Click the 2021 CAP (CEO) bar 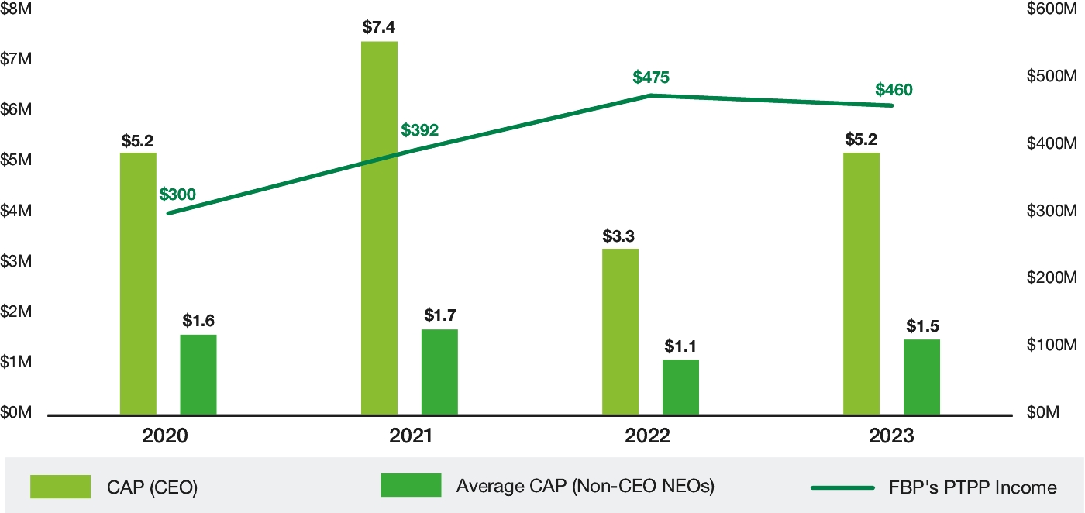point(379,229)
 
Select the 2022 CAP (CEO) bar point(620,332)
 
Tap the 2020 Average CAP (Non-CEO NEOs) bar point(198,375)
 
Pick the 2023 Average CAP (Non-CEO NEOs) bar point(921,377)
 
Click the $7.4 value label point(379,27)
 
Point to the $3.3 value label point(620,236)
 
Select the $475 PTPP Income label point(651,77)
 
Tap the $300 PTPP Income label point(177,195)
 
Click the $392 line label point(420,129)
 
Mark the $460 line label point(894,90)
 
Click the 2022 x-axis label point(648,436)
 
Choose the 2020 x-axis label point(165,436)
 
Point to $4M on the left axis point(16,211)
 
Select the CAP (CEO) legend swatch point(60,486)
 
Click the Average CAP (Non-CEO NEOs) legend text point(585,487)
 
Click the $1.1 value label point(680,346)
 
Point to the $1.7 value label point(440,315)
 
